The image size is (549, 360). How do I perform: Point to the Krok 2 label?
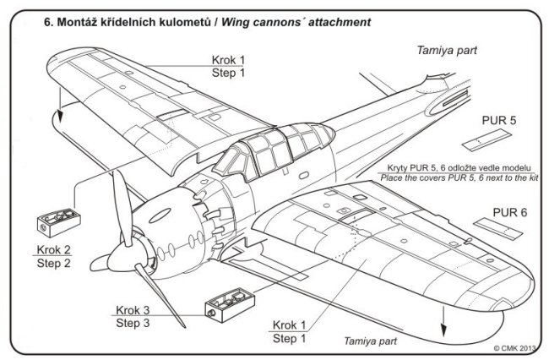click(54, 251)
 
